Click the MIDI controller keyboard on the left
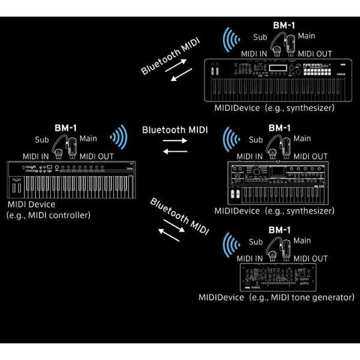(x=71, y=180)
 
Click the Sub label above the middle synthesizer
(x=256, y=140)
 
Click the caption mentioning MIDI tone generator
(x=277, y=297)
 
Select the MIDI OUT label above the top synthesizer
(x=313, y=53)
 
